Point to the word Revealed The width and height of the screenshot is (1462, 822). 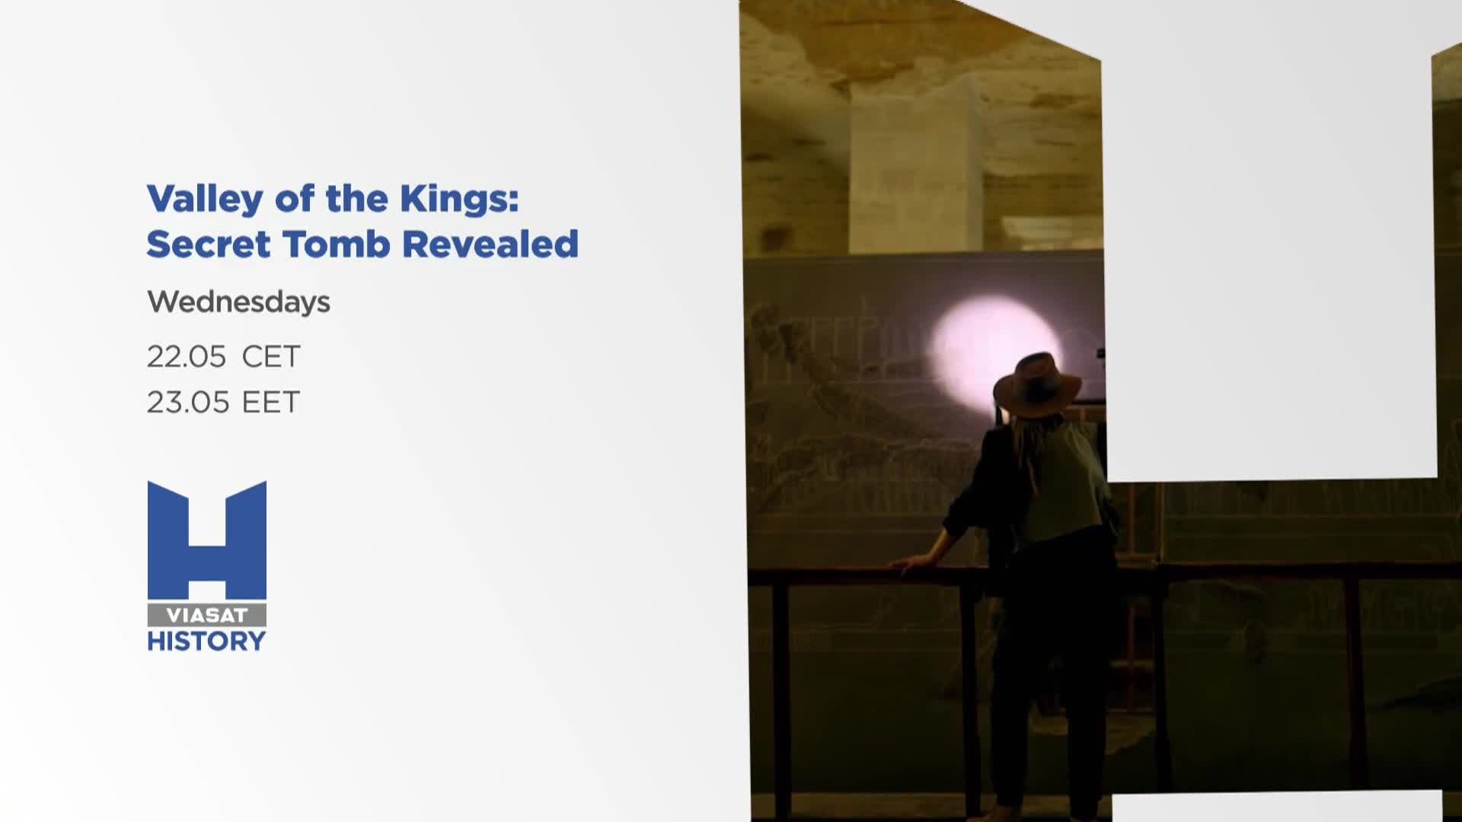pos(490,244)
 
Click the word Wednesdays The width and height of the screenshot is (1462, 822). pos(238,302)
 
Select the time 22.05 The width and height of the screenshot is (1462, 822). pos(187,356)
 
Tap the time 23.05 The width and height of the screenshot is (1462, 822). pos(188,402)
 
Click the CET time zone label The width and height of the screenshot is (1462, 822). pos(271,356)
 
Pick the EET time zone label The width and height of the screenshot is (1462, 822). pos(271,402)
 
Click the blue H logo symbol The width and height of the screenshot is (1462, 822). pos(207,540)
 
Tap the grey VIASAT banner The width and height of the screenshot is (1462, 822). pos(207,615)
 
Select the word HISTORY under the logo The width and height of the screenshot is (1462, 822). pos(207,642)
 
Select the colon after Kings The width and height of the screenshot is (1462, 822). pos(514,199)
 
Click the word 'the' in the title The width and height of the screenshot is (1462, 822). pos(357,198)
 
